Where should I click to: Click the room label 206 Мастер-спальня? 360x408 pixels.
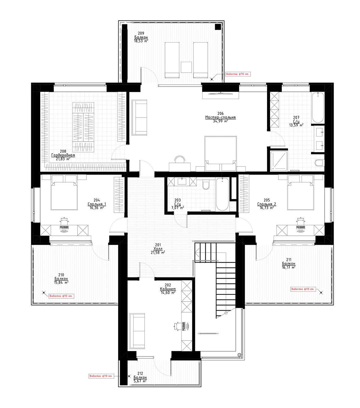pos(220,117)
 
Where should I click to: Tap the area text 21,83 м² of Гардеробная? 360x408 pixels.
pos(63,159)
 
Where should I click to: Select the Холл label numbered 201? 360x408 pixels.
pos(158,249)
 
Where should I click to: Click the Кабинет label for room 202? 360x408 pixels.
pos(168,289)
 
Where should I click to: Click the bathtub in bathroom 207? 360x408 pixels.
pos(318,108)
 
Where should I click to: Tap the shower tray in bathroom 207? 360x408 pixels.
pos(279,161)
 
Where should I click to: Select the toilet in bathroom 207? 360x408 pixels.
pos(319,163)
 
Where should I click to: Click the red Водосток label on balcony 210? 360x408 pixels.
pos(61,296)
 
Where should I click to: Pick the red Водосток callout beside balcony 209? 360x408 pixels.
pos(238,74)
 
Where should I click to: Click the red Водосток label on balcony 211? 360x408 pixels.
pos(303,289)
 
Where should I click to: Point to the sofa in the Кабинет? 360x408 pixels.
pos(137,331)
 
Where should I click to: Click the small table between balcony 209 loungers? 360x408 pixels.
pos(186,67)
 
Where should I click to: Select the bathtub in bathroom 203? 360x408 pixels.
pos(222,194)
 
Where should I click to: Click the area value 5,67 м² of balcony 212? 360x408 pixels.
pos(140,381)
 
